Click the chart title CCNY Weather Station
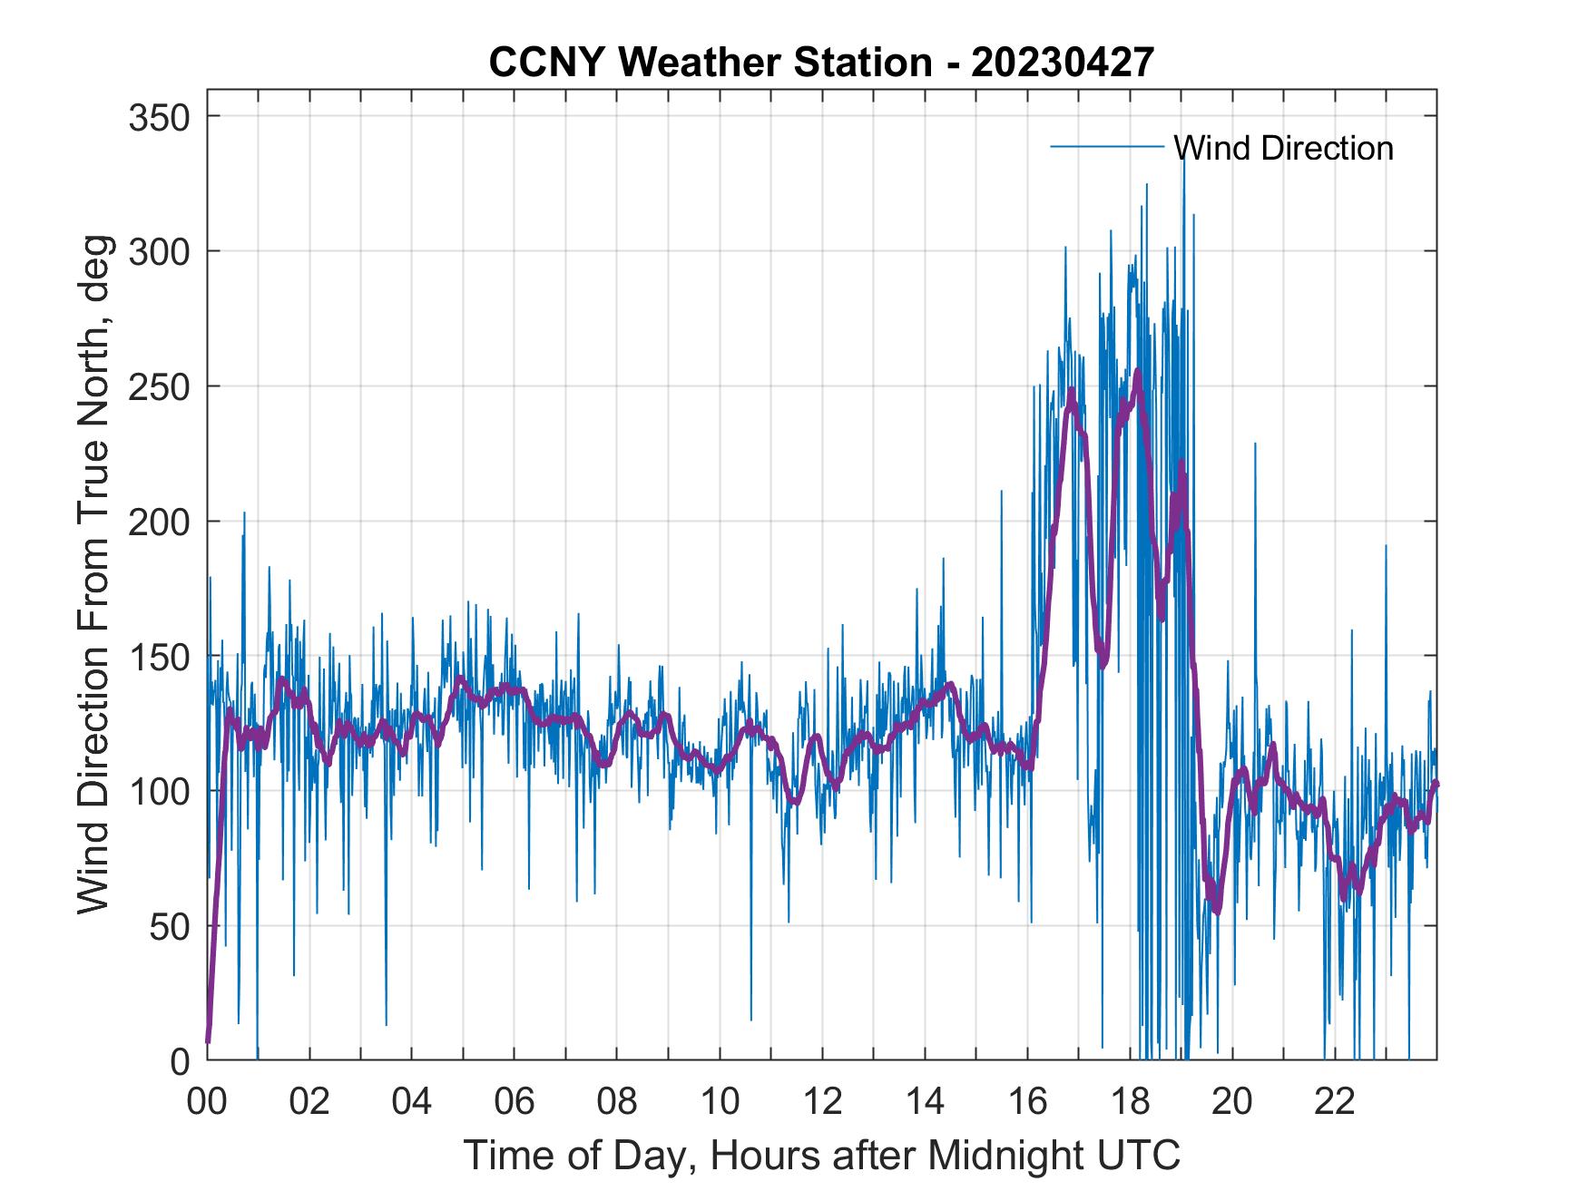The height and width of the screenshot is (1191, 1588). (x=711, y=63)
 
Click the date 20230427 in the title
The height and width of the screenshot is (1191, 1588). (x=1063, y=63)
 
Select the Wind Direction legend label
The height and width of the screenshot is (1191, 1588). (x=1283, y=148)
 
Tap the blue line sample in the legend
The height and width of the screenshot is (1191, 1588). (x=1106, y=147)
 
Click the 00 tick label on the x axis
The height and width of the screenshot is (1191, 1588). (x=207, y=1102)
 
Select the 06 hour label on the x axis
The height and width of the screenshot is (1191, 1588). (x=515, y=1102)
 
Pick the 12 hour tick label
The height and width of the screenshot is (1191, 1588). (x=822, y=1102)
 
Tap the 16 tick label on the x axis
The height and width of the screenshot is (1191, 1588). (x=1027, y=1102)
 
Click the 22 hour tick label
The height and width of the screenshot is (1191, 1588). (x=1335, y=1102)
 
